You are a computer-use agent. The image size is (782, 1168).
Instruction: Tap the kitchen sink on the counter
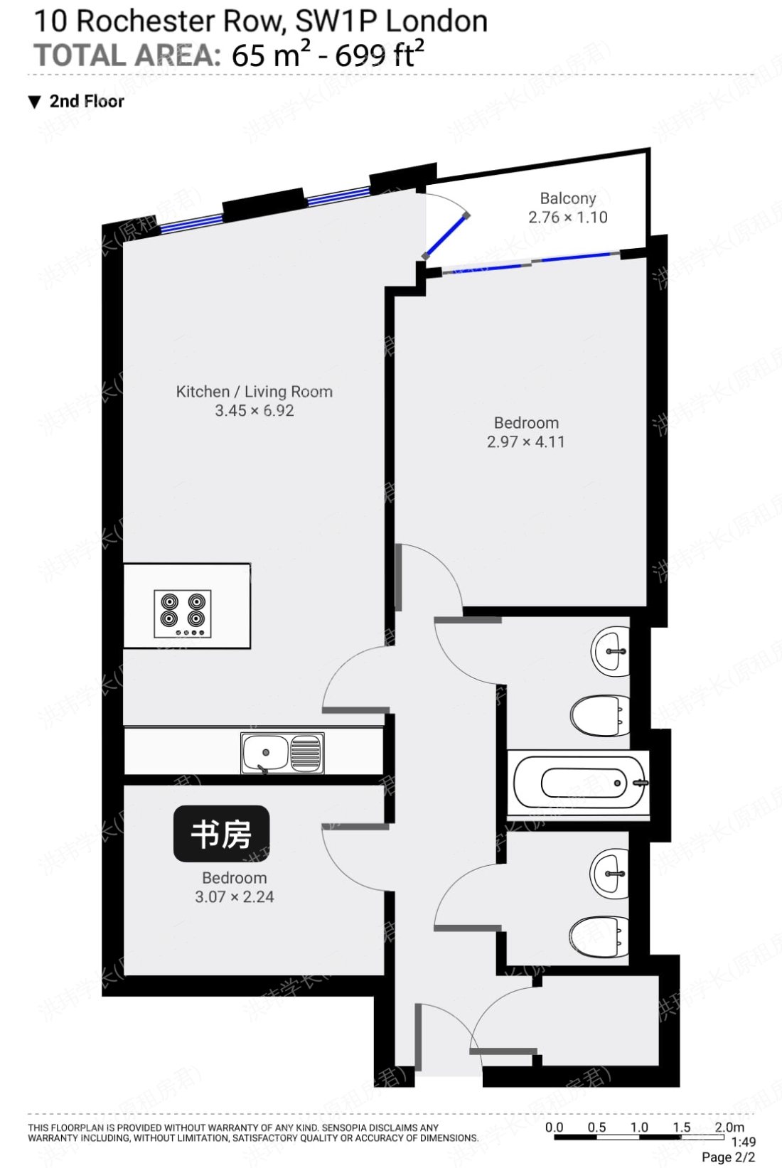click(x=282, y=753)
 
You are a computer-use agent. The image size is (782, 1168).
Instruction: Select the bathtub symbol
click(x=578, y=783)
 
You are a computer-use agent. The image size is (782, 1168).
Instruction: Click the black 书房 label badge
click(x=221, y=833)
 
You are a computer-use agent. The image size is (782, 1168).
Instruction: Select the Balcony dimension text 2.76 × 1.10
click(x=567, y=218)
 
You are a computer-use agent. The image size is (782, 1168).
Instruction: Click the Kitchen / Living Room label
click(x=254, y=392)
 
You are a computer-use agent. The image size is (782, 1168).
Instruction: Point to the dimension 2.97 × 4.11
click(x=525, y=441)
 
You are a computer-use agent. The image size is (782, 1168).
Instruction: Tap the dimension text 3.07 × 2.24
click(x=234, y=896)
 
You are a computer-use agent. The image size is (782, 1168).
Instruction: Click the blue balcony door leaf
click(x=446, y=235)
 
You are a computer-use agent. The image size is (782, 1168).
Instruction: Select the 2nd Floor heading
click(x=86, y=102)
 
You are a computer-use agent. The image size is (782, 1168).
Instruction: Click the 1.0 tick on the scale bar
click(x=638, y=1127)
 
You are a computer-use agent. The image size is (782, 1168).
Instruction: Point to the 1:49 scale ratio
click(x=743, y=1142)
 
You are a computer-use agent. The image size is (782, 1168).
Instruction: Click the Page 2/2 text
click(x=728, y=1157)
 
